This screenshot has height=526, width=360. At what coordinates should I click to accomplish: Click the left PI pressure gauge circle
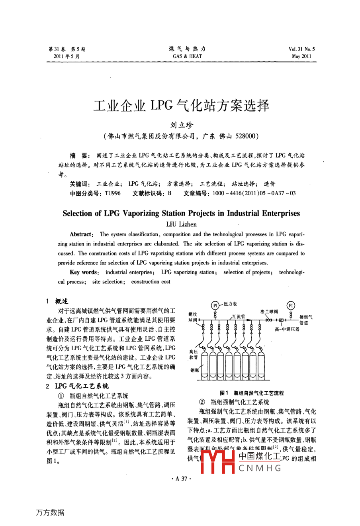point(215,305)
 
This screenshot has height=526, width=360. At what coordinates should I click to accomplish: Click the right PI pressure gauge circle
point(291,305)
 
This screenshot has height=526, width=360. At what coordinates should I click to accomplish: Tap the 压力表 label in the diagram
point(230,304)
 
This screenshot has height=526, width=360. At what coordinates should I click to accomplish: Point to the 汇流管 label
point(239,316)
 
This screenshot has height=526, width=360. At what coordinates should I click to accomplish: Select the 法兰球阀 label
point(269,311)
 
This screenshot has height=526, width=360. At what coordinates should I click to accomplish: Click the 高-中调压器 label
point(287,329)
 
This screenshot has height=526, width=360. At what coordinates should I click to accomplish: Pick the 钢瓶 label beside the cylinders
point(195,370)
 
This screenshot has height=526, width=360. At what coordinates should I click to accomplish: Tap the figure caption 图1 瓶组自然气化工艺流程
point(252,393)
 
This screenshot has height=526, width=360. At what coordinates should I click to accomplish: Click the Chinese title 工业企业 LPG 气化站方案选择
point(182,106)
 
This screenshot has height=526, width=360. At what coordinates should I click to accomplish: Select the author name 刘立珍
point(182,125)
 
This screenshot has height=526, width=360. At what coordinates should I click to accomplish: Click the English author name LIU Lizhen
point(181,224)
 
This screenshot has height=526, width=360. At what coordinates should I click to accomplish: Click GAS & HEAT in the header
point(187,56)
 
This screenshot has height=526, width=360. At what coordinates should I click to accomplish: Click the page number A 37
point(181,479)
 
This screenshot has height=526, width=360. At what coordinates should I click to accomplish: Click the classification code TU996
point(113,193)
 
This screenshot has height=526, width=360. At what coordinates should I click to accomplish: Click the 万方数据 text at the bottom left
point(50,512)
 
